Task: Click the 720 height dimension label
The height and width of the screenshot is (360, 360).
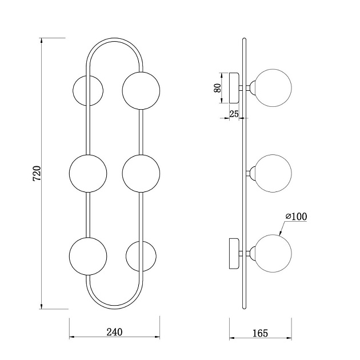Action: click(x=37, y=173)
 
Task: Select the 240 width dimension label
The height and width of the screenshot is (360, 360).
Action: click(x=114, y=332)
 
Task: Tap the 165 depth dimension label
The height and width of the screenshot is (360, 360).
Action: click(x=260, y=333)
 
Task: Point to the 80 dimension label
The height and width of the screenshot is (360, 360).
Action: click(x=217, y=88)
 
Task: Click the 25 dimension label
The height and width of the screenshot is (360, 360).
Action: click(x=234, y=114)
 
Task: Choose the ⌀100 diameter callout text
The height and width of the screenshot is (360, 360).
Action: click(x=296, y=217)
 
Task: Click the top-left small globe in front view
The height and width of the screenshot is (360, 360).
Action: click(x=88, y=90)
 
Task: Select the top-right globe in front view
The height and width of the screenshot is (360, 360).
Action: click(x=141, y=90)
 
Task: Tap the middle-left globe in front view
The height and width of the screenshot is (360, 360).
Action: click(x=88, y=173)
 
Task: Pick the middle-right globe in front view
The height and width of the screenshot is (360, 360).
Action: click(x=141, y=173)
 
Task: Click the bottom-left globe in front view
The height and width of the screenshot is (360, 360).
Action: click(x=88, y=256)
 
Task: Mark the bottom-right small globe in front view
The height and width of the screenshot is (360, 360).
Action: click(x=141, y=256)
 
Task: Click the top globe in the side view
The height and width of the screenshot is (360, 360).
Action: click(x=273, y=88)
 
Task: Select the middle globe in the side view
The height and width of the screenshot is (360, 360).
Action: click(x=273, y=173)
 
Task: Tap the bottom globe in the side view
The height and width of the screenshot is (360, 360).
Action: click(x=273, y=254)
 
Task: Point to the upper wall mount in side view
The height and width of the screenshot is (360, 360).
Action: click(x=234, y=88)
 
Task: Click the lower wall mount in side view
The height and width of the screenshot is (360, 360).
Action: click(x=234, y=254)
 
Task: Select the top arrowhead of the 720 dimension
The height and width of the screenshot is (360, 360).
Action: click(x=41, y=41)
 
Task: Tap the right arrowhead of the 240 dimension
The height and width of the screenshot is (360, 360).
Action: click(x=157, y=337)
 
